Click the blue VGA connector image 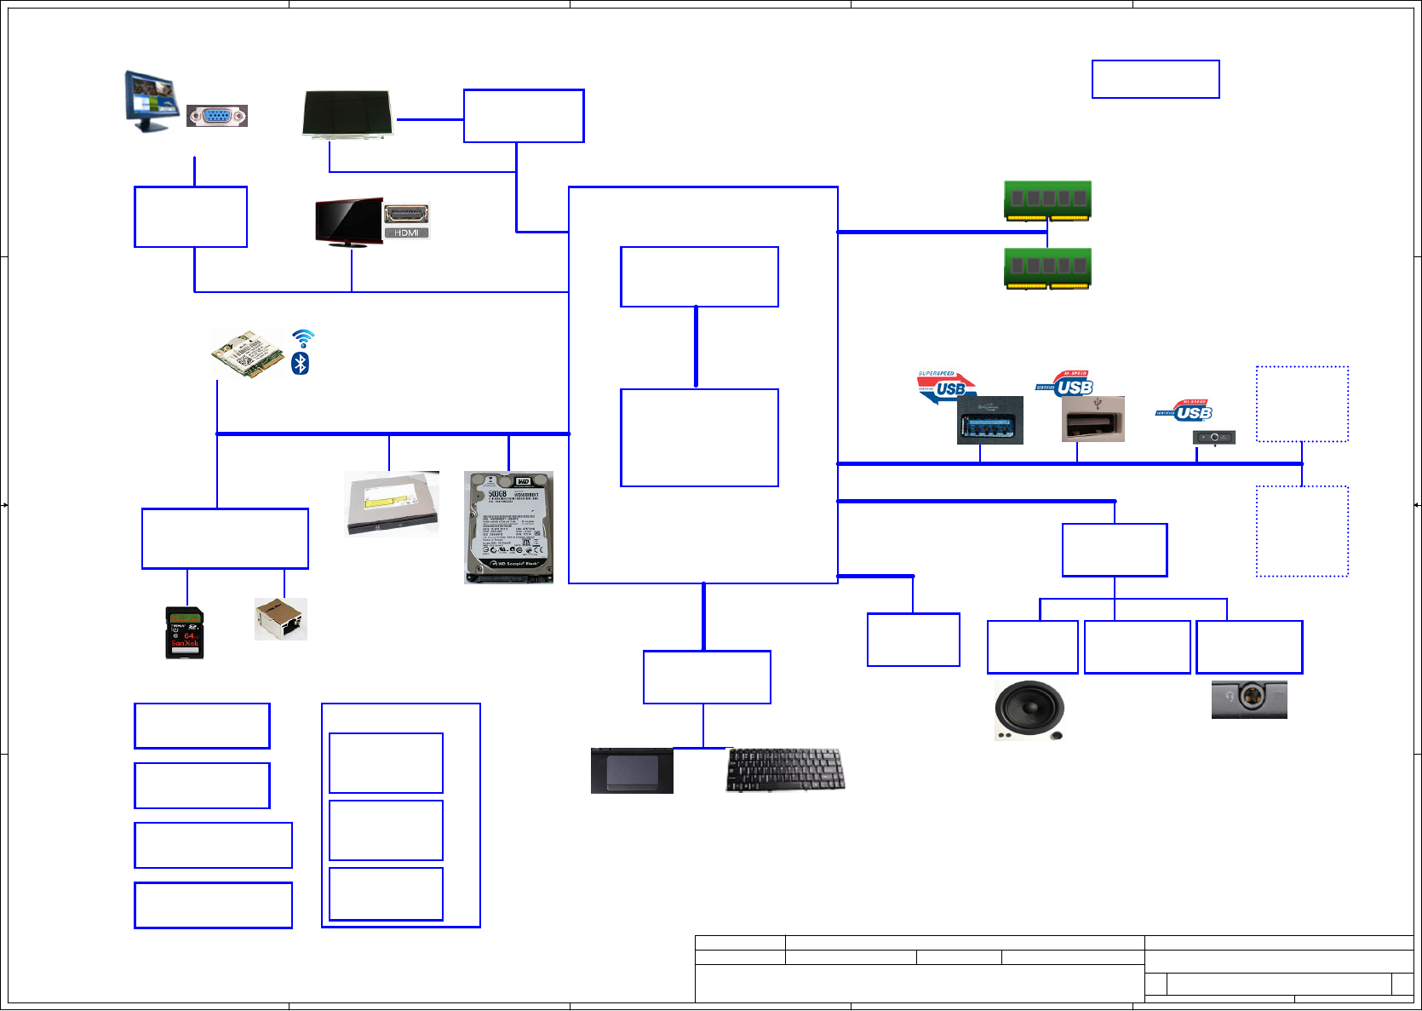coord(217,116)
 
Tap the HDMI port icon coord(406,221)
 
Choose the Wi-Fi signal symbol coord(302,338)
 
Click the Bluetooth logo coord(300,364)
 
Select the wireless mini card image coord(248,354)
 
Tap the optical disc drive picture coord(392,503)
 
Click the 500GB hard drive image coord(508,527)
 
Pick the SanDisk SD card coord(184,632)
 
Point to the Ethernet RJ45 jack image coord(281,618)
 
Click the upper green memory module coord(1047,200)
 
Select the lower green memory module coord(1047,267)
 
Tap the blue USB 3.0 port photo coord(989,420)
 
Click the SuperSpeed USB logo coord(945,387)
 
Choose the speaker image coord(1029,709)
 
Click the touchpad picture coord(632,771)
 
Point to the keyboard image coord(785,769)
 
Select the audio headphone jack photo coord(1249,698)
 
